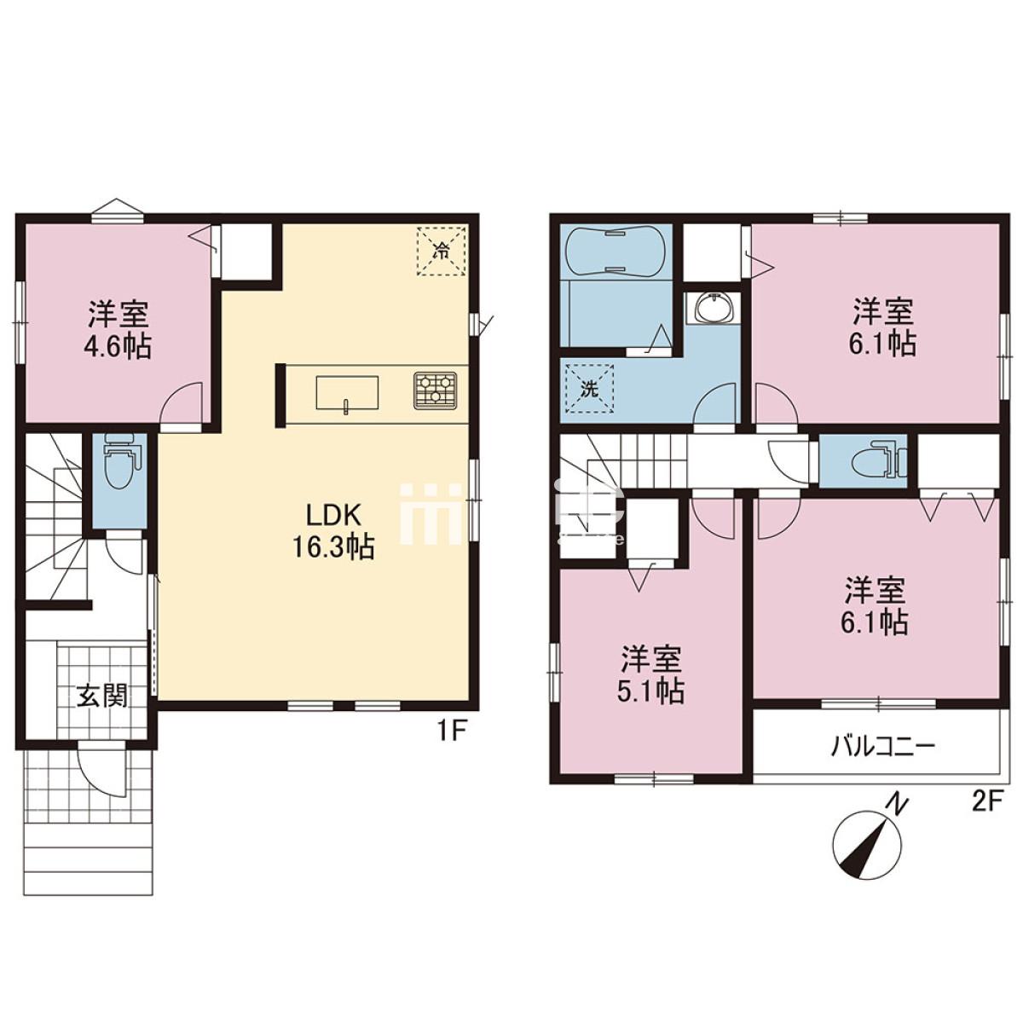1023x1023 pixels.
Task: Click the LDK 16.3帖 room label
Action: pos(333,531)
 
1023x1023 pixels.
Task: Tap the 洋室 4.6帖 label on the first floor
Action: pos(118,330)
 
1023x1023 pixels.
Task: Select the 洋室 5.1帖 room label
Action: pos(652,674)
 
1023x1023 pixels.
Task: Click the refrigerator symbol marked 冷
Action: pos(441,251)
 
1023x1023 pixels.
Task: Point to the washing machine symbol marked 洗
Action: pos(589,389)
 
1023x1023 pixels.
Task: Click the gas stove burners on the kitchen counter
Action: pos(436,391)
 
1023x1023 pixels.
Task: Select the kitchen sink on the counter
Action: pos(347,393)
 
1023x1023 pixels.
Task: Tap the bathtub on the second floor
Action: pos(614,252)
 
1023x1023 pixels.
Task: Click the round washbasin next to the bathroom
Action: pos(710,308)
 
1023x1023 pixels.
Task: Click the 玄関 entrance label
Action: pos(102,696)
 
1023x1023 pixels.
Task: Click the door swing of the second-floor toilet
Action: pos(790,458)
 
